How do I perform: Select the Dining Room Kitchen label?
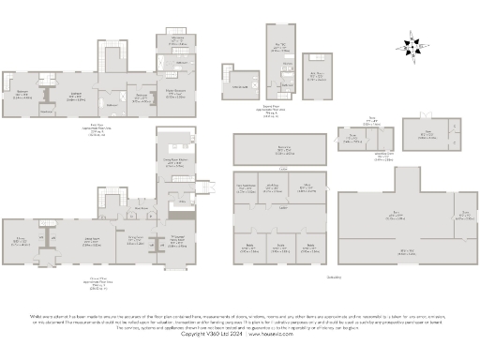click(x=176, y=161)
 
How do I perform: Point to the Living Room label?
click(x=93, y=241)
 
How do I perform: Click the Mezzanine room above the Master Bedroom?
click(x=176, y=42)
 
